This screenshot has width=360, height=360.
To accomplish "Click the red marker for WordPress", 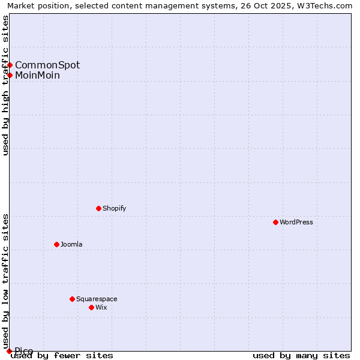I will [x=275, y=222].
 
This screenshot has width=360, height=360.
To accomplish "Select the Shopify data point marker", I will [x=98, y=208].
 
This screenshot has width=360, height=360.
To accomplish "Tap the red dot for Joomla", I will [x=56, y=244].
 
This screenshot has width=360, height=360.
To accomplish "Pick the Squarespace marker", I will [x=72, y=299].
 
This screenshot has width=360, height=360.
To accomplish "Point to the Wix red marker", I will [x=91, y=307].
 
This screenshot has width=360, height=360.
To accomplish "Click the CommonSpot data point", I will [x=10, y=65].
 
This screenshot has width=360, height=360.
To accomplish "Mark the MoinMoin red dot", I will [x=10, y=75].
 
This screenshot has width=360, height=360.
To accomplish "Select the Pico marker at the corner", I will [x=9, y=351].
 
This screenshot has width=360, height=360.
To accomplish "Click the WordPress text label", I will [x=296, y=222].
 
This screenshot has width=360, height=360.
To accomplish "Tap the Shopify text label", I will [x=114, y=208].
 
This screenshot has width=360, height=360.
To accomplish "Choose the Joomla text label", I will [x=71, y=244].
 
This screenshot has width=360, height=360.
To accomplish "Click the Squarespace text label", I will [x=97, y=299].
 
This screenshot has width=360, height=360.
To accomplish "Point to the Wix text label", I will [x=101, y=307].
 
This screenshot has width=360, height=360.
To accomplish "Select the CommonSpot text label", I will [x=47, y=65].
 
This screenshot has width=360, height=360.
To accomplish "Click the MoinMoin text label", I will [x=37, y=75].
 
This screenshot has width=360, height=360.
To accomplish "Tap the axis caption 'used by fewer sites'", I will [x=62, y=355].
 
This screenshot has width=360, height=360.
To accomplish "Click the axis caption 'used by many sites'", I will [x=301, y=355].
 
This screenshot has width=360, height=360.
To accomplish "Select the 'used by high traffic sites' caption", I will [x=5, y=85].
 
